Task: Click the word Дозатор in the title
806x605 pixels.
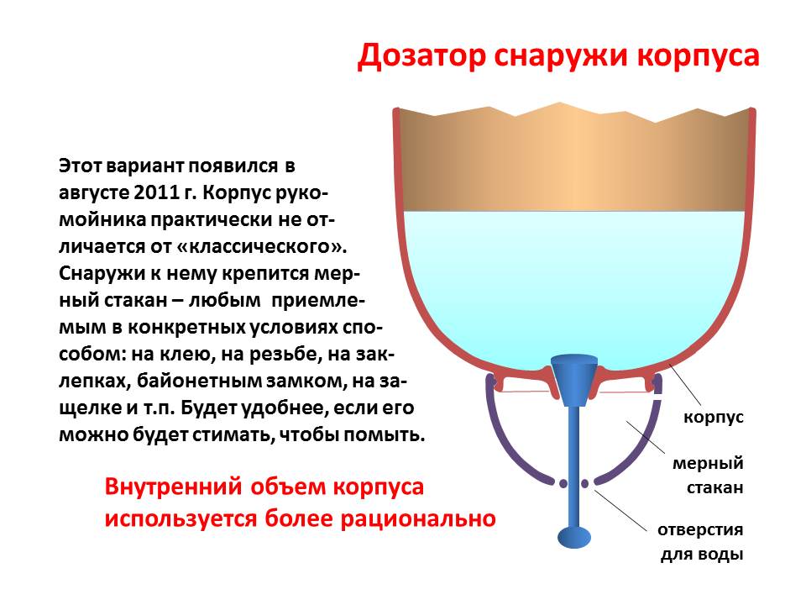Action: point(421,56)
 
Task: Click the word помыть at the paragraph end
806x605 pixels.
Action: point(385,435)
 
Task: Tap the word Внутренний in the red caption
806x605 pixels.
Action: point(173,487)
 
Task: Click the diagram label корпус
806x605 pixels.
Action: point(714,418)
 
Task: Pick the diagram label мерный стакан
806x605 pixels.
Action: point(709,475)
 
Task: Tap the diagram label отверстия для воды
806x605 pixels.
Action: point(700,542)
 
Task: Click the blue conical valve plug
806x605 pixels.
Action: point(574,380)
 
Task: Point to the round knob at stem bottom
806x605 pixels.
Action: point(574,537)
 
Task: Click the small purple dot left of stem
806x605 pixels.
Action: point(563,484)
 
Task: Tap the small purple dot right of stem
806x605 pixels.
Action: point(585,484)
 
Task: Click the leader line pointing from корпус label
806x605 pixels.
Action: point(685,384)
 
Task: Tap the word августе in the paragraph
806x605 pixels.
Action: point(93,192)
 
